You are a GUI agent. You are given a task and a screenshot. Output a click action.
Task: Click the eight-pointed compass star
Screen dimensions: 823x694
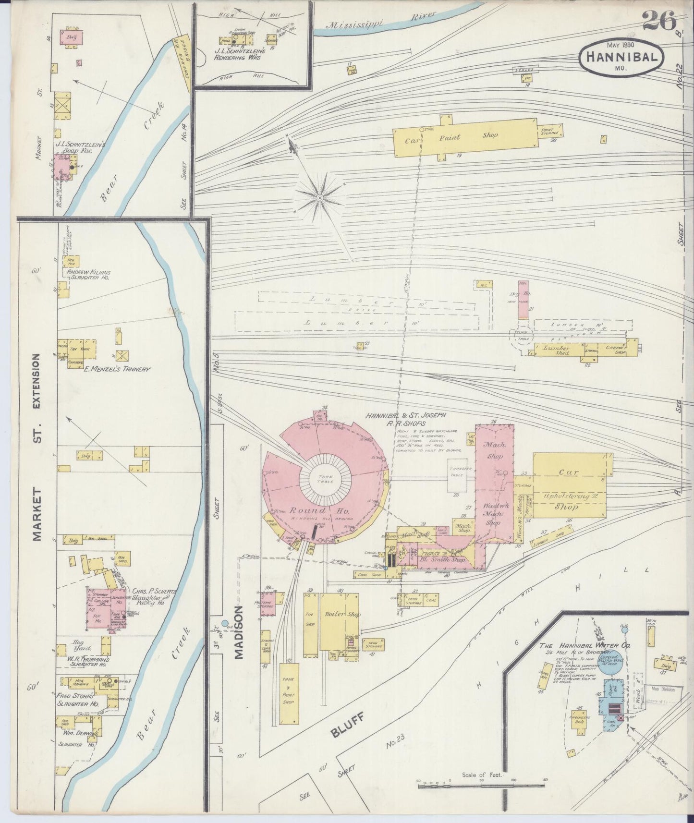coord(319,197)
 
